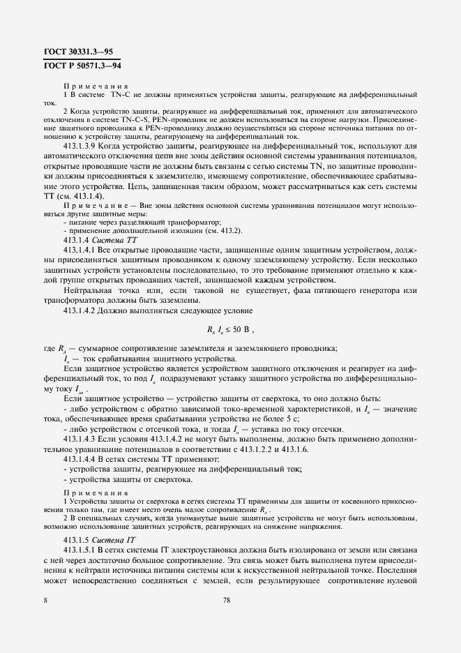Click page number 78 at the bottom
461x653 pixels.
(x=226, y=599)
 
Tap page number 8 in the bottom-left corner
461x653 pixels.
(x=45, y=599)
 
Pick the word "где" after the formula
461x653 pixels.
(x=49, y=350)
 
